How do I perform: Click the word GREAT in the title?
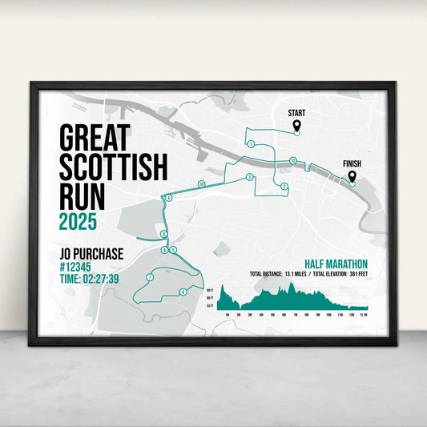click(x=100, y=138)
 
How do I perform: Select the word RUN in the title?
click(x=83, y=197)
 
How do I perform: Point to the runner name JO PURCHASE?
click(x=91, y=254)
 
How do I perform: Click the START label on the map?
click(x=296, y=114)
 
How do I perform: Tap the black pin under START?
click(x=296, y=127)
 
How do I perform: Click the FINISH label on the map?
click(x=352, y=164)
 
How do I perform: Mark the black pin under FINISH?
click(x=352, y=177)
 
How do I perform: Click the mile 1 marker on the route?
click(x=252, y=143)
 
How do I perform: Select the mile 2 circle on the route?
click(x=284, y=186)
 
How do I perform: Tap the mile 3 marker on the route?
click(x=249, y=177)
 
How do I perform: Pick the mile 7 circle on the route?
click(x=150, y=277)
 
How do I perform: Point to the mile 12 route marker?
click(x=293, y=161)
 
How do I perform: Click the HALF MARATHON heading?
click(x=336, y=264)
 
